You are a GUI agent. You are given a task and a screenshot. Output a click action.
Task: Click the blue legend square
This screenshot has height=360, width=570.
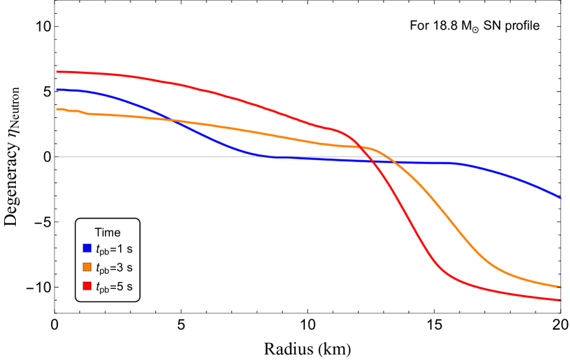[x=87, y=248]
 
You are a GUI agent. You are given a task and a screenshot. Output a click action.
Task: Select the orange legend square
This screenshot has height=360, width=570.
[x=87, y=267]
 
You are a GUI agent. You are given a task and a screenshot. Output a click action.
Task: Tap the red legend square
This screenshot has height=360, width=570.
[x=87, y=286]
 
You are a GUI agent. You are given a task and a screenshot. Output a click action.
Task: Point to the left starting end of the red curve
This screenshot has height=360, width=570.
[x=57, y=72]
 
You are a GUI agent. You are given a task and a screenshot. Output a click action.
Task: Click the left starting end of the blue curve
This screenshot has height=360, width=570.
[x=57, y=90]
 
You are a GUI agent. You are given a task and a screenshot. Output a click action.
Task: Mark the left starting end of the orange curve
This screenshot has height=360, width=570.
[x=57, y=109]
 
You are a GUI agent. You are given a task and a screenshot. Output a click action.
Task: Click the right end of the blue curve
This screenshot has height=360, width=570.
[x=560, y=197]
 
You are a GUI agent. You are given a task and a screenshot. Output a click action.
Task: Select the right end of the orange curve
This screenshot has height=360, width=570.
[x=560, y=287]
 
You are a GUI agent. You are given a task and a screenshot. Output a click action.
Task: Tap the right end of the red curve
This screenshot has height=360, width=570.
[x=560, y=300]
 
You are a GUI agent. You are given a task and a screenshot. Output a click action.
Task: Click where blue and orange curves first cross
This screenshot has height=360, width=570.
[x=172, y=120]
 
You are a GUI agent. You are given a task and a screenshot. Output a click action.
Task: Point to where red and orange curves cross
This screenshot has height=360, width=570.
[x=364, y=148]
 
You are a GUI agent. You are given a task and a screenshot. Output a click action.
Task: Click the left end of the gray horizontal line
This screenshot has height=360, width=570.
[x=56, y=157]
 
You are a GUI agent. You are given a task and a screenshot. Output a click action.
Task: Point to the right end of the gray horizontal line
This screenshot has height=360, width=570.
[x=560, y=157]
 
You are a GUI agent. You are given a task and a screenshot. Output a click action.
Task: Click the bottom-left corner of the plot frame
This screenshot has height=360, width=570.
[x=55, y=313]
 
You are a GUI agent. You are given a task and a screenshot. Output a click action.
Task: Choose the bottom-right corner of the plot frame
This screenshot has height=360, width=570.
[x=560, y=313]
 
